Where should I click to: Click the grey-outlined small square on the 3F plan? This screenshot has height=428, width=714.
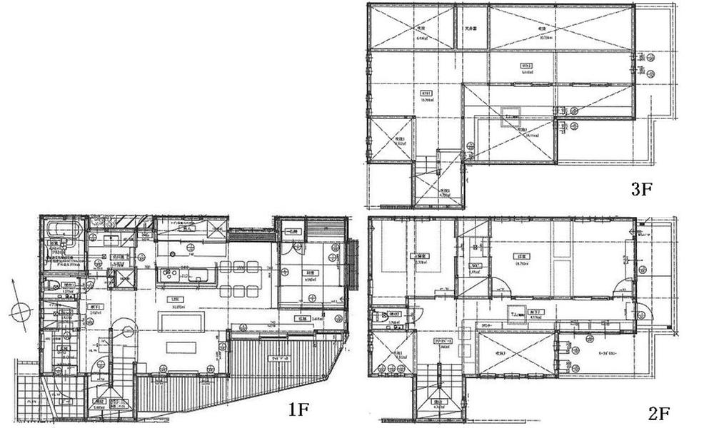511,112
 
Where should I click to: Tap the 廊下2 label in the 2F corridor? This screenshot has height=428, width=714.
535,312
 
